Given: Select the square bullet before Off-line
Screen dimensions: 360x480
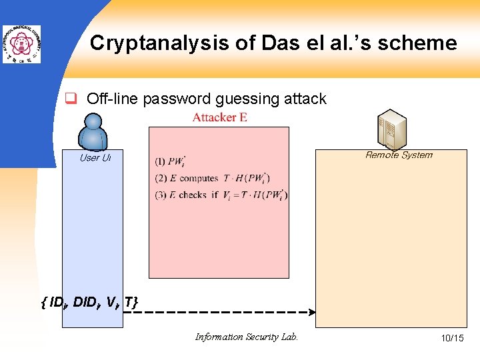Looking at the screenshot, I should coord(69,99).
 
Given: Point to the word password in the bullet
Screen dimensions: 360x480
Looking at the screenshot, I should coord(180,99).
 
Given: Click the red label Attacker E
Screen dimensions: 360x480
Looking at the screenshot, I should coord(220,118).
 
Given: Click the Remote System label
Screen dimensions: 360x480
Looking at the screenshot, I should coord(399,155).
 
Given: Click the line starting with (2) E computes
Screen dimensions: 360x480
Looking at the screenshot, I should coord(212,178).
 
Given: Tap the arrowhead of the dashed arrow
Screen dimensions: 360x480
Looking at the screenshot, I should coord(311,311).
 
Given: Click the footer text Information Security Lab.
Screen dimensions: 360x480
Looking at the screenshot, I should coord(247,337).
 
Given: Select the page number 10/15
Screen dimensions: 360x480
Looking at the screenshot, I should coord(452,339).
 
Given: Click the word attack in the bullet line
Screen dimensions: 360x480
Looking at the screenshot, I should coord(305,99).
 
